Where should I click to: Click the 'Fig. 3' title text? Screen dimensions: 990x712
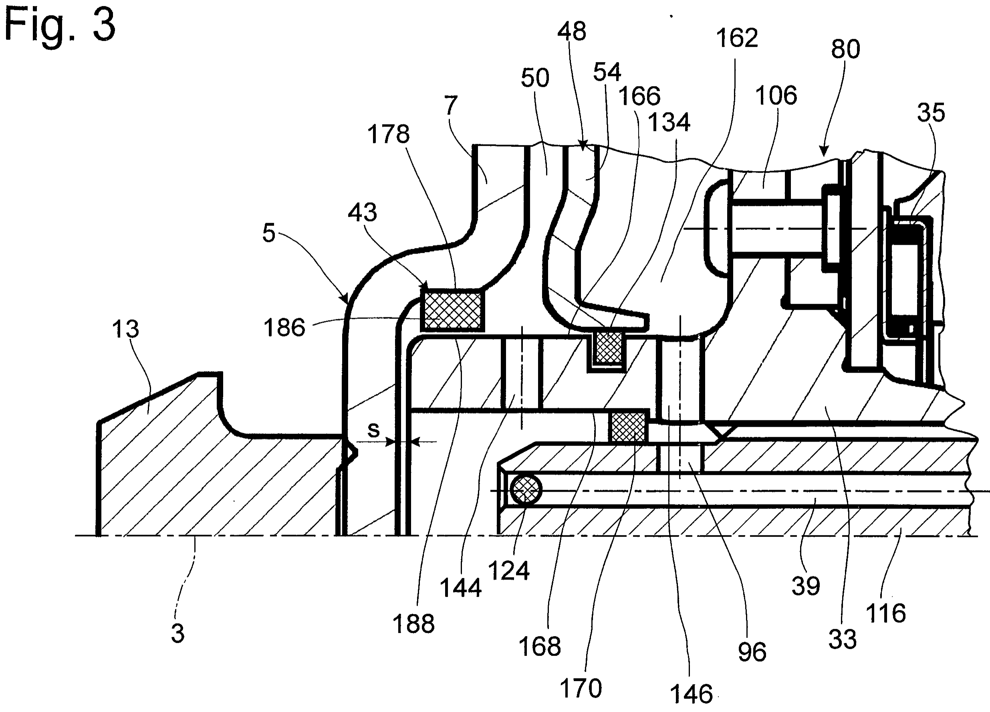(60, 26)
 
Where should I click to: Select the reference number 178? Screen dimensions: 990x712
(388, 133)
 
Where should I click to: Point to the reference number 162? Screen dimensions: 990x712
(737, 38)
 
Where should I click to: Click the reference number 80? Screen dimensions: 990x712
(845, 49)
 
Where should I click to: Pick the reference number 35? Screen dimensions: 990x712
(931, 112)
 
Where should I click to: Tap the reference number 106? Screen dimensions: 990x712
(776, 95)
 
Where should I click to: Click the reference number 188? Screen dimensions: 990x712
(413, 623)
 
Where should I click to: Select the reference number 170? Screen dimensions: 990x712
(581, 688)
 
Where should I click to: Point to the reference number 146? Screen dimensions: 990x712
(691, 694)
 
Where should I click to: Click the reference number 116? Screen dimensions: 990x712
(886, 613)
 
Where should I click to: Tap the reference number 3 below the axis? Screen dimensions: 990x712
(177, 633)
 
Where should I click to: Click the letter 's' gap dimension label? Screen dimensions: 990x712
(374, 430)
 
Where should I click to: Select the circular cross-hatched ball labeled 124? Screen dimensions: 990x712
(526, 490)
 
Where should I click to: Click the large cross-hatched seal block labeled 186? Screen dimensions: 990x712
(452, 311)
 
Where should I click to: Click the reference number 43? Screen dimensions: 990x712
(362, 212)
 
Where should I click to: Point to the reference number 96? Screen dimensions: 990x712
(752, 652)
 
